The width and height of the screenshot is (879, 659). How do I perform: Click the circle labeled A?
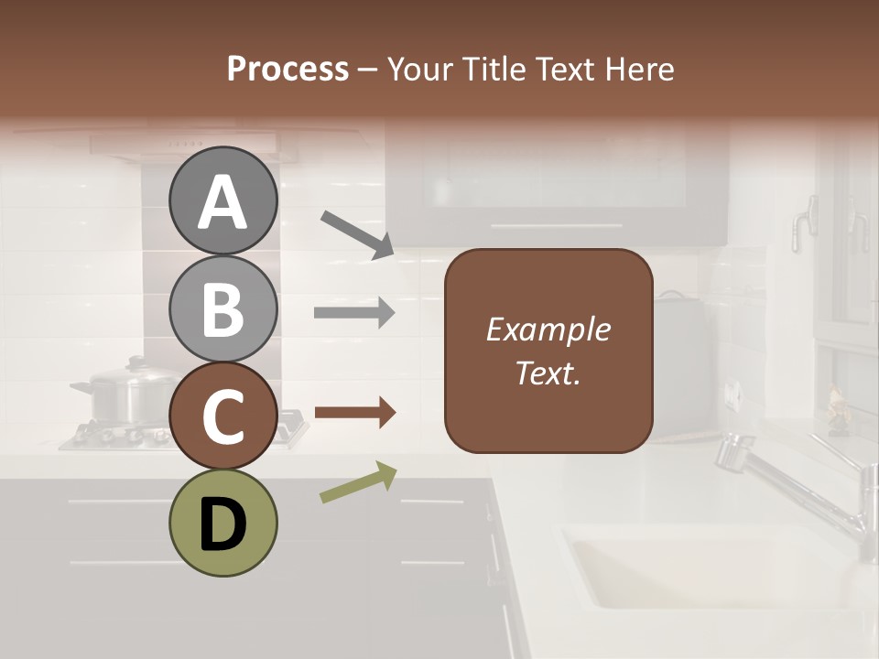tap(222, 200)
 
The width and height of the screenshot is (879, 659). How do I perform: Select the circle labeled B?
tap(222, 308)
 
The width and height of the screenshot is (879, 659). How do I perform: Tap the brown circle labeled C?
tap(222, 416)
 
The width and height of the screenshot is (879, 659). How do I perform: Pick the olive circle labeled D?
tap(222, 524)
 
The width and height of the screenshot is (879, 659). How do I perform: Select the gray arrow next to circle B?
tap(355, 313)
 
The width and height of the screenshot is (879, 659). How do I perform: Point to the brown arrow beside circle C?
tap(355, 413)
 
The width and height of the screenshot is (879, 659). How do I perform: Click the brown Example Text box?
tap(548, 351)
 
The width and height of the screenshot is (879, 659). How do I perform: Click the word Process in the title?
tap(288, 69)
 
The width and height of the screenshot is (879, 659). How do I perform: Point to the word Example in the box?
tap(548, 329)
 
